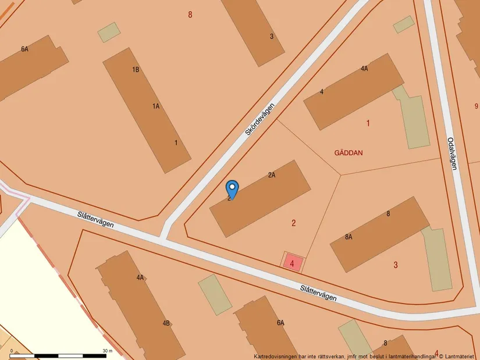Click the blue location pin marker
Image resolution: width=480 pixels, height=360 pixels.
[232, 188]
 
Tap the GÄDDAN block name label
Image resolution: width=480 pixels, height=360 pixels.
[349, 153]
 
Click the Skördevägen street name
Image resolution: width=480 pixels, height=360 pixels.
[258, 120]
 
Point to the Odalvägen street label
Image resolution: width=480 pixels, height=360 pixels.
[451, 154]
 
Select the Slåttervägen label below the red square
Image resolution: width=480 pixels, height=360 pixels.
[318, 293]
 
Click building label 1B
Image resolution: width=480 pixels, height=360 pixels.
[136, 70]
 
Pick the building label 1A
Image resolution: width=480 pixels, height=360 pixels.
[156, 106]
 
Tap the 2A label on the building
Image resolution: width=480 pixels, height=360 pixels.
[272, 174]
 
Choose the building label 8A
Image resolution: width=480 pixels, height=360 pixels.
[349, 237]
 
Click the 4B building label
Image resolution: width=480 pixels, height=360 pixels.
[166, 323]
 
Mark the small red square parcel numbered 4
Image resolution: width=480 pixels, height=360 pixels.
[293, 263]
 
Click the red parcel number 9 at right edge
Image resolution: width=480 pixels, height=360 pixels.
[477, 106]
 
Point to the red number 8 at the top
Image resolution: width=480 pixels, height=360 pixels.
[190, 15]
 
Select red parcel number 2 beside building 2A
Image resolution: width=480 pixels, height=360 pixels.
[294, 223]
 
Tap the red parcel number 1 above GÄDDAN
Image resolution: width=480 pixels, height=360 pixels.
[368, 123]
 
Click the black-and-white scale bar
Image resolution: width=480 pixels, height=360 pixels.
[58, 355]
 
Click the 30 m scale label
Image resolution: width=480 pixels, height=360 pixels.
[107, 351]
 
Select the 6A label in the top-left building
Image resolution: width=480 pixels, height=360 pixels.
[24, 49]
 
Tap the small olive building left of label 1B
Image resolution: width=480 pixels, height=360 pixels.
[108, 32]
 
